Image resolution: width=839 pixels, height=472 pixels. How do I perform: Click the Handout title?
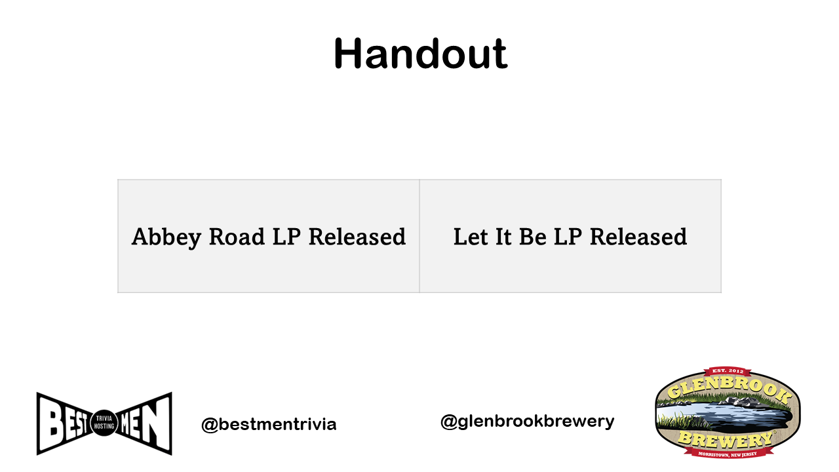click(x=420, y=54)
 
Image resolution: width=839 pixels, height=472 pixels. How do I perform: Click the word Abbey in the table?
click(x=166, y=237)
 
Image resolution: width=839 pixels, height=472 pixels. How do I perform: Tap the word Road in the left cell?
click(x=237, y=237)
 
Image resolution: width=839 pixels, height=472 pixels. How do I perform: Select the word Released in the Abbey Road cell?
click(x=357, y=237)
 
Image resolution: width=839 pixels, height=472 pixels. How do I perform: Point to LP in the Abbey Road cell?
click(x=286, y=237)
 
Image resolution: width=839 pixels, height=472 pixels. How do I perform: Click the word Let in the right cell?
click(x=471, y=237)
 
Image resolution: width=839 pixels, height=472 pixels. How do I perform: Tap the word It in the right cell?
click(x=503, y=237)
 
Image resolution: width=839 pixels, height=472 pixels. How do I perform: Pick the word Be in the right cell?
click(x=532, y=237)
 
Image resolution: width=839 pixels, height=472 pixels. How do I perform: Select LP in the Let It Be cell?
click(x=568, y=237)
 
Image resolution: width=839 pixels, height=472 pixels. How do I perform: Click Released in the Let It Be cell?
click(x=638, y=237)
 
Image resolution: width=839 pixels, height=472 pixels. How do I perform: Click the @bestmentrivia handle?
click(x=269, y=424)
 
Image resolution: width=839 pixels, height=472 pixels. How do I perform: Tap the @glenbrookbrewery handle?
click(x=528, y=422)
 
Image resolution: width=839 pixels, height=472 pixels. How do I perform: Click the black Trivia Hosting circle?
click(x=104, y=423)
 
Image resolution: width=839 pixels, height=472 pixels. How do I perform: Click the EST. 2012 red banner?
click(x=728, y=371)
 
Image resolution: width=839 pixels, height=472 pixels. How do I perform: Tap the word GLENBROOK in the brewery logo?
click(x=728, y=390)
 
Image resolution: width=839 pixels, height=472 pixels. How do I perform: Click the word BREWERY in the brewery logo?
click(x=726, y=440)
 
